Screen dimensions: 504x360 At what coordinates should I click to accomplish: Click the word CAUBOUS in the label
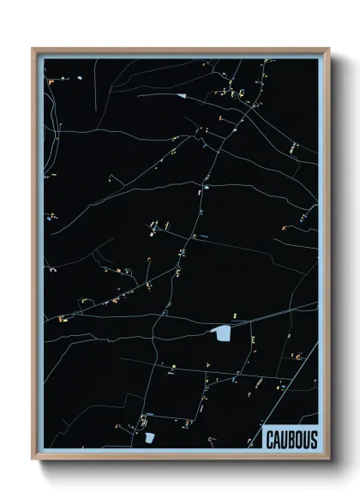pyautogui.click(x=291, y=441)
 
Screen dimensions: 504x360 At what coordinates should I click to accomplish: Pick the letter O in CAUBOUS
pyautogui.click(x=298, y=441)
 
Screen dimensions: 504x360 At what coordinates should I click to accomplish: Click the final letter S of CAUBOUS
pyautogui.click(x=313, y=441)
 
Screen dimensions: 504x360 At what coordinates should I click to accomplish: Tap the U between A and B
pyautogui.click(x=284, y=441)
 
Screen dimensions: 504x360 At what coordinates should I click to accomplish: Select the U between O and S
pyautogui.click(x=306, y=441)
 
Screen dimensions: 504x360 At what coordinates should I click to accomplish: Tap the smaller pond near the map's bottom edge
pyautogui.click(x=149, y=437)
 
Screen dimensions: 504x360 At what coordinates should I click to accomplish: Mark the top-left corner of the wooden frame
pyautogui.click(x=33, y=49)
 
